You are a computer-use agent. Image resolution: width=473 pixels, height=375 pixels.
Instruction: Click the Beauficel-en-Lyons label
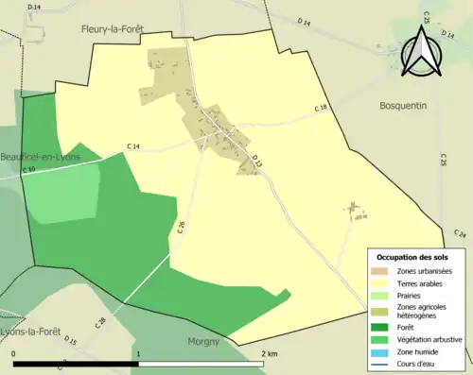point(40,157)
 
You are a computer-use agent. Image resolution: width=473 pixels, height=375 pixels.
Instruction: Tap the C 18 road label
point(321,110)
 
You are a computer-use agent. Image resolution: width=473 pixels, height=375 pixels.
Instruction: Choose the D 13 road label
point(256,162)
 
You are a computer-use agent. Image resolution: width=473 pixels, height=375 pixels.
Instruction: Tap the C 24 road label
point(460,233)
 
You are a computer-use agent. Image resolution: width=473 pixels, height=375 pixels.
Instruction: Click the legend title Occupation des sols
point(412,257)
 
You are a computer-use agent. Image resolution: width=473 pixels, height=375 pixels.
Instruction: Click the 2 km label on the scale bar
point(269,353)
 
